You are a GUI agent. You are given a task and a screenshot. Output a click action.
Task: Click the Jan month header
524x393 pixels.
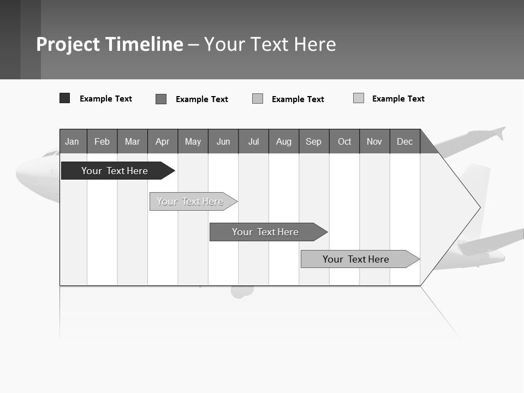pyautogui.click(x=72, y=141)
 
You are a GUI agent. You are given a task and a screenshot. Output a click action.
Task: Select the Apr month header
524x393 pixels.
pyautogui.click(x=162, y=141)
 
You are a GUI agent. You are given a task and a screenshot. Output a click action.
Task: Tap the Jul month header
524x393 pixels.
pyautogui.click(x=253, y=141)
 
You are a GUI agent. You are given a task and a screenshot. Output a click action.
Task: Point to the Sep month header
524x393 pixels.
pyautogui.click(x=313, y=141)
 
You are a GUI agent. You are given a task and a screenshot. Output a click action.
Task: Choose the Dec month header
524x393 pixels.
pyautogui.click(x=404, y=141)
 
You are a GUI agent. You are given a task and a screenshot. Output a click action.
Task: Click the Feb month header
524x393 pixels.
pyautogui.click(x=102, y=141)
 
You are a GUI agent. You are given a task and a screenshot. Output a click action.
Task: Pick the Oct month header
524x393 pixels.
pyautogui.click(x=344, y=141)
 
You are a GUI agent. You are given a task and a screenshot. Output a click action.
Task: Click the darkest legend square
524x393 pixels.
pyautogui.click(x=64, y=98)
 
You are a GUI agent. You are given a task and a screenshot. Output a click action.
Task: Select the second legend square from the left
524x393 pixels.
pyautogui.click(x=161, y=99)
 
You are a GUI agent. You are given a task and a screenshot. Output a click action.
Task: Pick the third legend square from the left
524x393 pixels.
pyautogui.click(x=258, y=99)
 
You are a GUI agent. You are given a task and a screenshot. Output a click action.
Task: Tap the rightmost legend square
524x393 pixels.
pyautogui.click(x=359, y=98)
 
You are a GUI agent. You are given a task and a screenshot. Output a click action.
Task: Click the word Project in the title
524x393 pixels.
pyautogui.click(x=68, y=44)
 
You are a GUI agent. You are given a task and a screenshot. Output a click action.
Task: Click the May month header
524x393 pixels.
pyautogui.click(x=193, y=141)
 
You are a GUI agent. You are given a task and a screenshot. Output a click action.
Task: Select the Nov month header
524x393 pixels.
pyautogui.click(x=374, y=141)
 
